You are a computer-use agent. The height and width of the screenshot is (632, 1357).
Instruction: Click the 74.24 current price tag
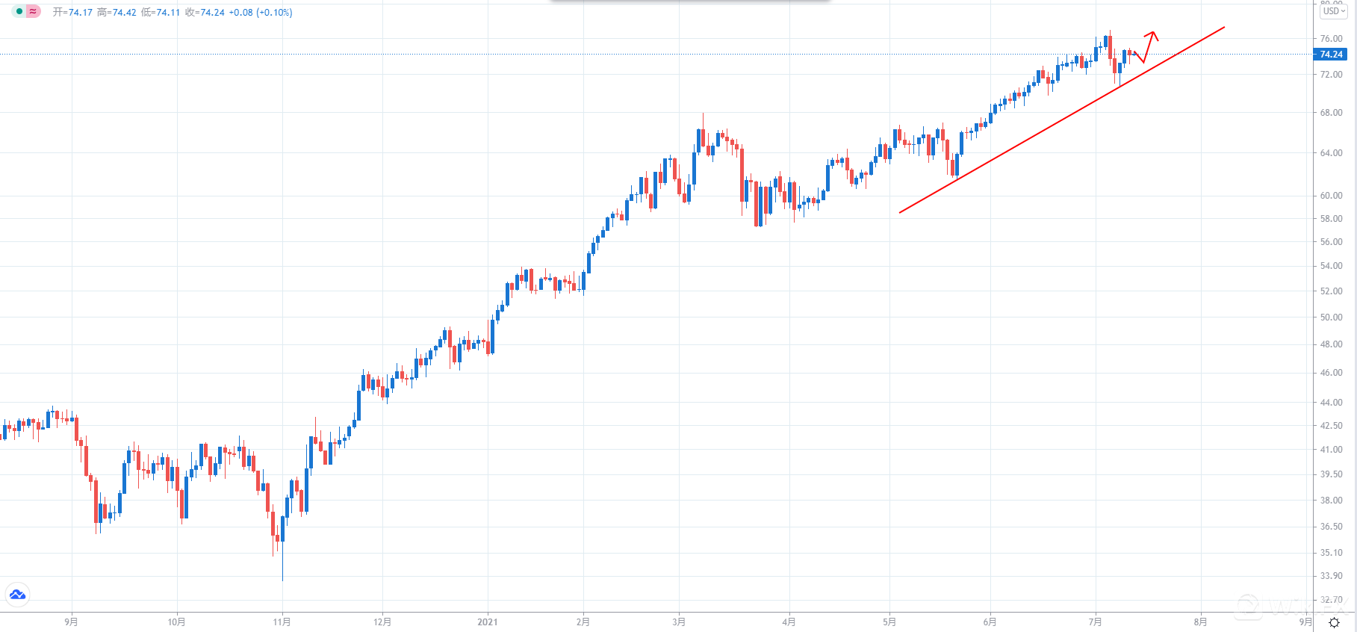coord(1331,54)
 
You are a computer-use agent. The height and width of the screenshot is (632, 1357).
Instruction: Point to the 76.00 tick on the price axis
coord(1331,38)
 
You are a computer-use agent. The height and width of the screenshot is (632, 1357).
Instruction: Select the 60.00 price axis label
coord(1331,196)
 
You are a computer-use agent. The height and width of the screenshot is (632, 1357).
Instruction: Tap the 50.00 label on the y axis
coord(1331,317)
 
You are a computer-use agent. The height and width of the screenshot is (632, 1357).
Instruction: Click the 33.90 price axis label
coord(1331,576)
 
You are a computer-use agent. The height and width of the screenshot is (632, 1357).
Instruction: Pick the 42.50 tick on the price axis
coord(1331,426)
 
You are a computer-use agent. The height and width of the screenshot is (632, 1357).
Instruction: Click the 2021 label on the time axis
coord(487,622)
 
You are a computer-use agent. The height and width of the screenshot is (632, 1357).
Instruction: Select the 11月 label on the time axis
coord(282,622)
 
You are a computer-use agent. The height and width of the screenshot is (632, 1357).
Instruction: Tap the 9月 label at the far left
coord(71,622)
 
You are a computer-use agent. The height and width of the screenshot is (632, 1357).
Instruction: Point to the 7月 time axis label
coord(1095,622)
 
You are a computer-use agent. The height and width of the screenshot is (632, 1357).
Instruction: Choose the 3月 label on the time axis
coord(678,622)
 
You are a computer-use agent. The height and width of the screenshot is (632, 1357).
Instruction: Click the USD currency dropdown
coord(1333,11)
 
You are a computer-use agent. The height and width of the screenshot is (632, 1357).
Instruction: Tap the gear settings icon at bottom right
coord(1334,622)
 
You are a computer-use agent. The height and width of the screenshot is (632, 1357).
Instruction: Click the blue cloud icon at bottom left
coord(17,595)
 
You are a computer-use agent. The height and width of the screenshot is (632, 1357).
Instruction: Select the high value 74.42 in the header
coord(124,13)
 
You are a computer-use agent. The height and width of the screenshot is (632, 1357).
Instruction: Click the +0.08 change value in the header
coord(240,13)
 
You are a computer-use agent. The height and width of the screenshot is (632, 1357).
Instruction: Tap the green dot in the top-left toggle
coord(19,12)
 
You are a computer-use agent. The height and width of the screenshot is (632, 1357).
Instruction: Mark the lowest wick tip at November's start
coord(282,580)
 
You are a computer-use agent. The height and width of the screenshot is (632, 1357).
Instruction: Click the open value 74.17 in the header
coord(80,13)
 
